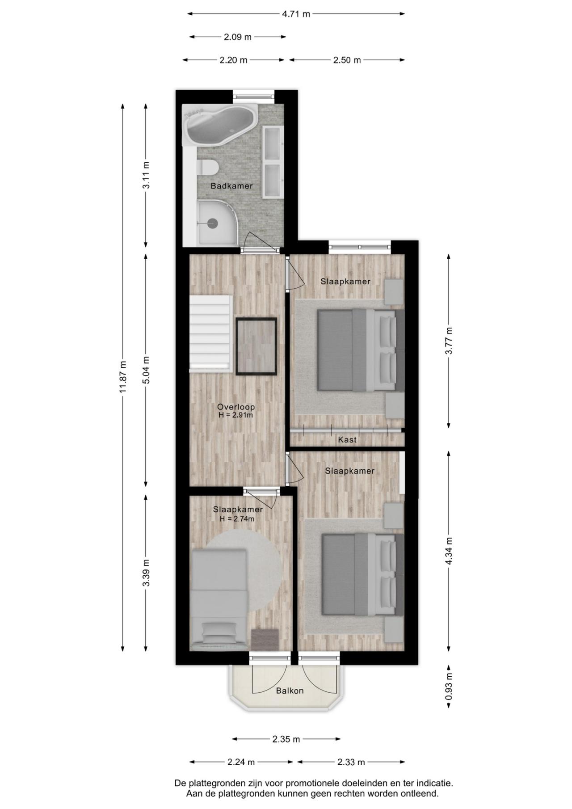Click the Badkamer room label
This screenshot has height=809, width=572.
(231, 186)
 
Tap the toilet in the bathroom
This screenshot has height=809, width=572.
(207, 168)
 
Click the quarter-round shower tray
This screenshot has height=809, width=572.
(218, 222)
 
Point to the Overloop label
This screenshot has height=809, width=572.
(236, 407)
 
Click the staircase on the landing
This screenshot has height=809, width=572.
(211, 333)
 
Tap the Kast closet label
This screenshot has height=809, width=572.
(347, 440)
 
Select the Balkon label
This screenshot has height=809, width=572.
(290, 691)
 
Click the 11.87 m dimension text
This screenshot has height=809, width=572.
(123, 377)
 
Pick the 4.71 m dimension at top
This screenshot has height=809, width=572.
(296, 14)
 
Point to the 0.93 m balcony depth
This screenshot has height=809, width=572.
(449, 687)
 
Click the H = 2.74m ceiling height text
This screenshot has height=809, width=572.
(237, 519)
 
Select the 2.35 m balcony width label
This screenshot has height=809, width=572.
(286, 739)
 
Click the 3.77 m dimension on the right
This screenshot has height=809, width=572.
(449, 341)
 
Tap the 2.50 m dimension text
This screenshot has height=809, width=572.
(347, 60)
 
